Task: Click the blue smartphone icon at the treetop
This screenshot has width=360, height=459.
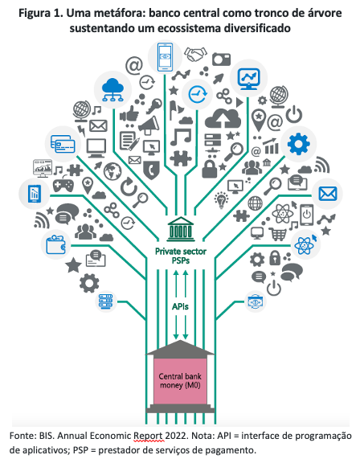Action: click(x=165, y=57)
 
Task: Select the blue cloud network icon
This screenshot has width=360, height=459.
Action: click(x=112, y=90)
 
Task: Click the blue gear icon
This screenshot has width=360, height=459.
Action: click(x=298, y=144)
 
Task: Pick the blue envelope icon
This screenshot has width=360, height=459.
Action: click(x=328, y=194)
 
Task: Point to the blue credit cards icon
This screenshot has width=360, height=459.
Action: click(x=63, y=144)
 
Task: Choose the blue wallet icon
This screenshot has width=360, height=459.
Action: click(x=56, y=244)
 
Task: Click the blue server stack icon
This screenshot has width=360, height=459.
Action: click(x=105, y=301)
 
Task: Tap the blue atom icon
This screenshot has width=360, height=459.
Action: click(x=305, y=244)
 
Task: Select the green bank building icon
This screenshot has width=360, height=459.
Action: click(x=181, y=229)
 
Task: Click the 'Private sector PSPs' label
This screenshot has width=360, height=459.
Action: click(x=181, y=256)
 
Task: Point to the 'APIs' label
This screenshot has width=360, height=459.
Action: click(x=180, y=306)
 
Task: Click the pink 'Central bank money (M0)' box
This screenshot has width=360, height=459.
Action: click(x=180, y=381)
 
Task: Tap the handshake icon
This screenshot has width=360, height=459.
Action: click(x=195, y=55)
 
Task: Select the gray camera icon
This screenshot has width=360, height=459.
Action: click(x=221, y=59)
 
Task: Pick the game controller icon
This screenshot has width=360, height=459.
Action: click(x=63, y=185)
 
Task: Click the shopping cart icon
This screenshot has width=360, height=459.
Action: click(x=277, y=234)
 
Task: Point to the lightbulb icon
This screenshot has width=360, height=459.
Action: click(x=222, y=200)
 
